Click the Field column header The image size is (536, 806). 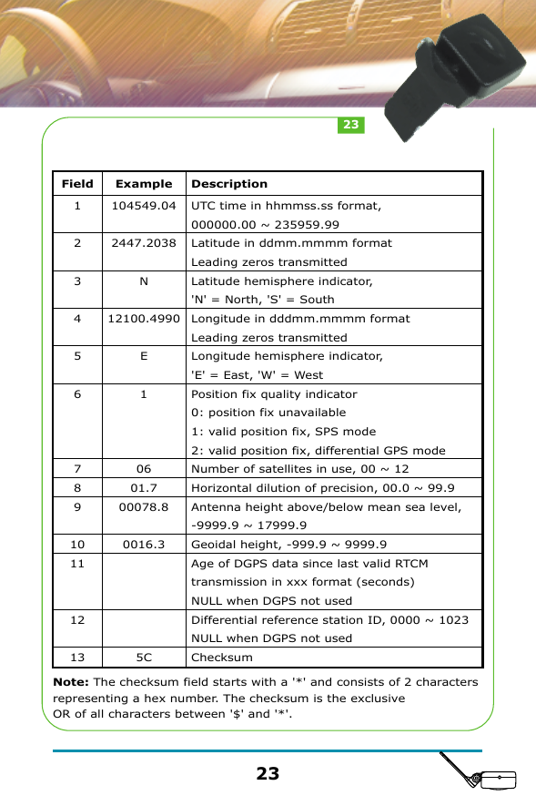(77, 184)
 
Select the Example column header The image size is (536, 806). (144, 184)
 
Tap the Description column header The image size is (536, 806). (229, 184)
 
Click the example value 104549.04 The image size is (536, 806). (144, 206)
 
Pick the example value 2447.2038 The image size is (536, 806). (144, 243)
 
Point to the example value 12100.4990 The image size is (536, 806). (144, 319)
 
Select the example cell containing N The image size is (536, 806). (144, 281)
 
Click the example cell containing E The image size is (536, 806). (144, 356)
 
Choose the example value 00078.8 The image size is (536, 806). (144, 506)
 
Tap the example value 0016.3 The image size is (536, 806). (144, 545)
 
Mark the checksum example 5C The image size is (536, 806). (144, 657)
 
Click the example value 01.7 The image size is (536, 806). (144, 488)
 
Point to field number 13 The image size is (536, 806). (77, 657)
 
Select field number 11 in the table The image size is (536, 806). (77, 564)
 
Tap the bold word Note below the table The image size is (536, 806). (72, 682)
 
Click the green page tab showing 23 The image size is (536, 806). (350, 125)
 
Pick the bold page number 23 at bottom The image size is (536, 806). (268, 774)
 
